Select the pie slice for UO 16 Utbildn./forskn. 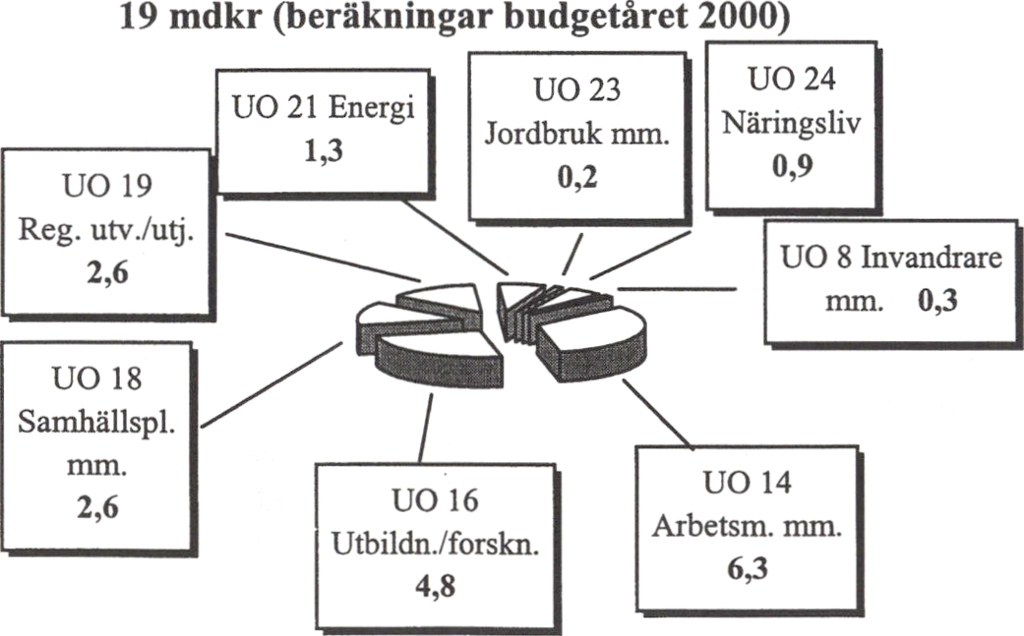(439, 356)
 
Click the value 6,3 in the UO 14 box (748, 568)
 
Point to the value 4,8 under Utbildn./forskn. (436, 586)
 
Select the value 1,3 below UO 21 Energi (324, 150)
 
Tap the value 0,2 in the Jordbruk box (577, 177)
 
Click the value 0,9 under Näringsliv (793, 164)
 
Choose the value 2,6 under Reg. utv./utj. (108, 272)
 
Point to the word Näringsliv (792, 123)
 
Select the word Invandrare (931, 257)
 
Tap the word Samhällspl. (96, 424)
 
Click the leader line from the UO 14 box (657, 414)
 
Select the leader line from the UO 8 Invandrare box (677, 288)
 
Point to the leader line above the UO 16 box (425, 428)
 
